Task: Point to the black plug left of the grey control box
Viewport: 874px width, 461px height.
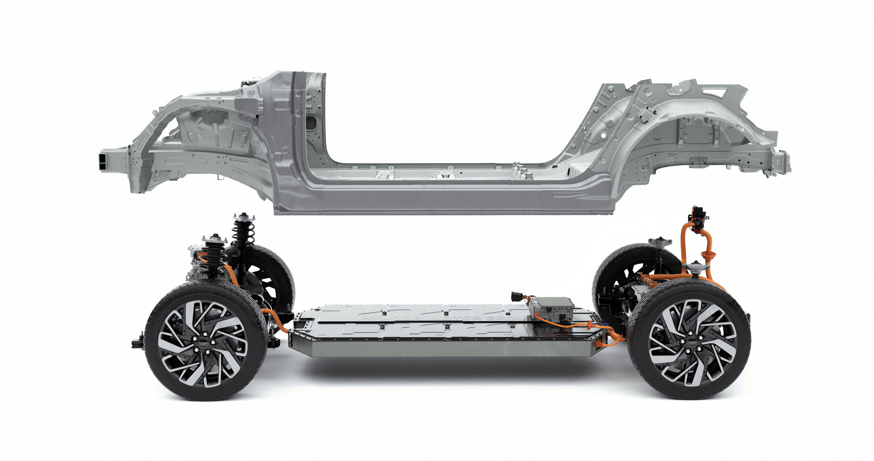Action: pyautogui.click(x=517, y=297)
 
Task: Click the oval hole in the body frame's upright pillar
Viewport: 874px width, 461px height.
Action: pyautogui.click(x=312, y=122)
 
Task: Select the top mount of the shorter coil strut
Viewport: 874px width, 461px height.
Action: pyautogui.click(x=214, y=239)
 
